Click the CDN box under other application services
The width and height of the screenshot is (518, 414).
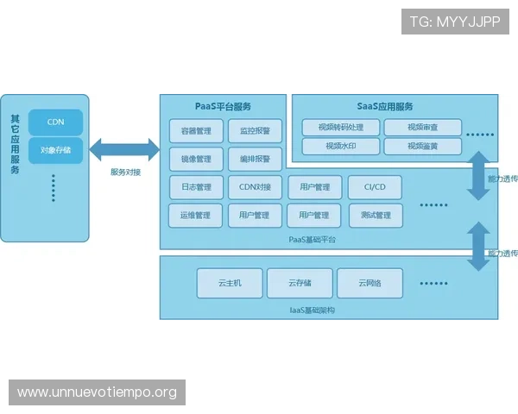[x=55, y=122]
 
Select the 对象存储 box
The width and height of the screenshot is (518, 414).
[x=55, y=150]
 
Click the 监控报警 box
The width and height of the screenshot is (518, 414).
[x=255, y=131]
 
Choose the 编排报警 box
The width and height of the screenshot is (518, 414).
[x=255, y=159]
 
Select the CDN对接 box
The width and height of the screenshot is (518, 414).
[x=255, y=187]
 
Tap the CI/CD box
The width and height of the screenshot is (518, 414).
[x=375, y=187]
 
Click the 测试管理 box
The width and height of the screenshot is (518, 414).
[x=375, y=215]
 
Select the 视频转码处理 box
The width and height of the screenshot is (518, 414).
[x=340, y=128]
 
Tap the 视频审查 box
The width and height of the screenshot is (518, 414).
[x=422, y=128]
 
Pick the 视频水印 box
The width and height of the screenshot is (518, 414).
[x=340, y=147]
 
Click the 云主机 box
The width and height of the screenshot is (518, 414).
[x=229, y=283]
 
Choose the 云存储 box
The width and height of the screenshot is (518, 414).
[x=300, y=283]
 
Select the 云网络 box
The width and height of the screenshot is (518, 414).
[x=370, y=283]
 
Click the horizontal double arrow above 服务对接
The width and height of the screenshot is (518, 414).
[x=124, y=150]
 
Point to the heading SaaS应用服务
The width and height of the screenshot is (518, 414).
[x=385, y=106]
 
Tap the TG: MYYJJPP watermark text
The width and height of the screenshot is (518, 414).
[x=455, y=22]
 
